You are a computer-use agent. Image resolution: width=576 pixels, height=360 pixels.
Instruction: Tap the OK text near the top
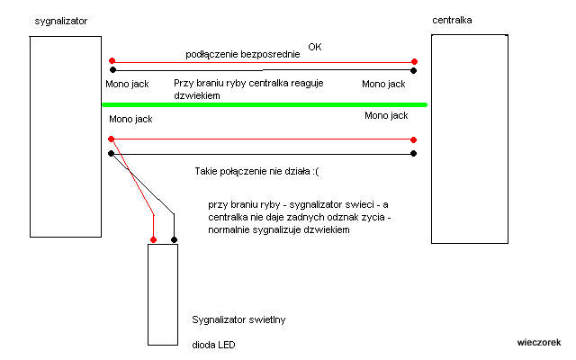coord(314,46)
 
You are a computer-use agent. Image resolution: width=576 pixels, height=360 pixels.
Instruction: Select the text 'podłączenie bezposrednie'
coord(243,55)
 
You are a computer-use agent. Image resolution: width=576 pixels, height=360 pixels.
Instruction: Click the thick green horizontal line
coord(265,104)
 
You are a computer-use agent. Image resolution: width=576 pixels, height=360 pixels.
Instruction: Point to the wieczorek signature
coord(539,342)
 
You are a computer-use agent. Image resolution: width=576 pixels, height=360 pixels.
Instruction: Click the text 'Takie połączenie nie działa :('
coord(255,170)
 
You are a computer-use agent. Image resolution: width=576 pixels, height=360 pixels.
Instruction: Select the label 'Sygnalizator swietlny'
coord(238,319)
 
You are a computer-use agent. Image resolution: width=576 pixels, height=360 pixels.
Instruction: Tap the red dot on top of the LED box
coord(154,240)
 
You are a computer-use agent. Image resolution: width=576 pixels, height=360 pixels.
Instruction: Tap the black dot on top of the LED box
coord(175,240)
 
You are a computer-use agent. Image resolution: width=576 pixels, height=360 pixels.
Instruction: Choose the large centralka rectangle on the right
coord(470,139)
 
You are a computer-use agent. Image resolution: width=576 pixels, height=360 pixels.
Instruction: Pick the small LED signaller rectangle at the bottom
coord(165,294)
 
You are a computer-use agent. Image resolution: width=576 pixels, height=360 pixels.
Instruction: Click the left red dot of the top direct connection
coord(112,61)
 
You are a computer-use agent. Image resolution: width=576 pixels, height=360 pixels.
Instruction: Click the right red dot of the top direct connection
coord(413,61)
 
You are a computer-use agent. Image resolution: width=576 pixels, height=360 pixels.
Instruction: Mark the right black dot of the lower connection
coord(413,154)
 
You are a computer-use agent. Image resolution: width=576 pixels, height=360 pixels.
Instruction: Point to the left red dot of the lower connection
coord(112,139)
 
